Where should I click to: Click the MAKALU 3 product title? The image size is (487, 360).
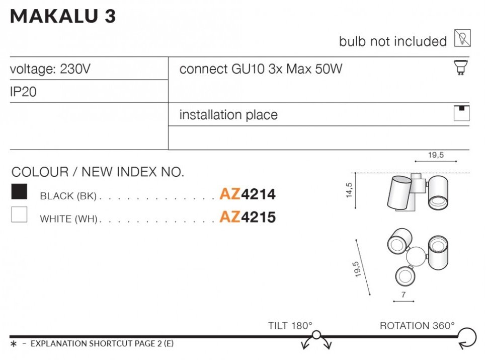click(63, 17)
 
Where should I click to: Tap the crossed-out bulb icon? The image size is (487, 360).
click(462, 38)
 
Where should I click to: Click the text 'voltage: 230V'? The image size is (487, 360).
click(50, 69)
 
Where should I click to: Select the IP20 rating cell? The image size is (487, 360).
click(23, 93)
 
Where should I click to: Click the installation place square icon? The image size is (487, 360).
click(461, 113)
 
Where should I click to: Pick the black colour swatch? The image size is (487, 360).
click(19, 192)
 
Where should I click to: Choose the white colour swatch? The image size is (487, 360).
click(19, 215)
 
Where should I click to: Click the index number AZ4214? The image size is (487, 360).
click(248, 194)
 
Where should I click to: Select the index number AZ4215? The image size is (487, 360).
click(248, 217)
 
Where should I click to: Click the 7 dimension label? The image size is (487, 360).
click(403, 295)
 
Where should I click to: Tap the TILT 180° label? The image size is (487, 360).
click(290, 326)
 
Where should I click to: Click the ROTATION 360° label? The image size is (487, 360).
click(417, 326)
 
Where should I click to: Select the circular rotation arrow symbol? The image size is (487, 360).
click(467, 336)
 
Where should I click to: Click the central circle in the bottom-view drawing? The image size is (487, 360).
click(416, 257)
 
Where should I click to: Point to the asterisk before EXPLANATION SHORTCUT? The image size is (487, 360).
click(14, 344)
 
